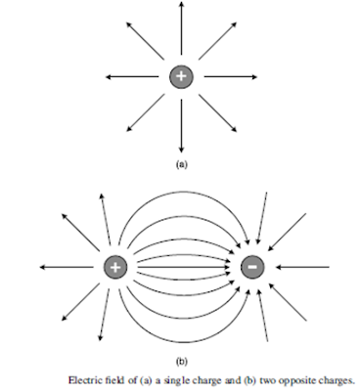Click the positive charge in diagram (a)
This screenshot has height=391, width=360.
click(181, 76)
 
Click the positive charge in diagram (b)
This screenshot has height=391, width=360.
click(116, 267)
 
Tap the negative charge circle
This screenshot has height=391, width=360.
click(250, 266)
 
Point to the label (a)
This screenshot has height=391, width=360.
click(181, 165)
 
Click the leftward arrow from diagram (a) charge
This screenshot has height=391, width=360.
click(132, 76)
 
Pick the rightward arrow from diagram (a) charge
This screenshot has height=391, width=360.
click(230, 76)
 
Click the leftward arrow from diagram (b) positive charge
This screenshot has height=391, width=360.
click(68, 267)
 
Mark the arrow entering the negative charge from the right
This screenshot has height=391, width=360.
click(298, 266)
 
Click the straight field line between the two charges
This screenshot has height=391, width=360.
click(184, 266)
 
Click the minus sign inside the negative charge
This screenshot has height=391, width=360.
click(250, 266)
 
